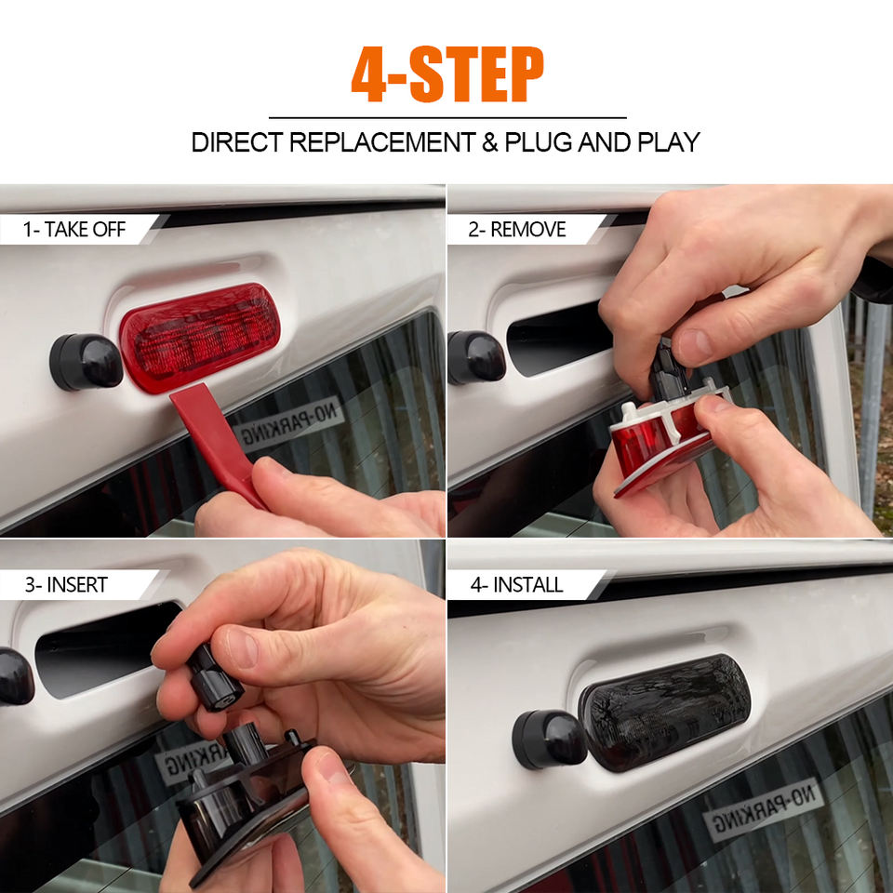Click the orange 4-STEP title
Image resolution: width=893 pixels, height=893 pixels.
[x=447, y=74]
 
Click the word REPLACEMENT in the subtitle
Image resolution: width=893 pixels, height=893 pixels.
[x=382, y=142]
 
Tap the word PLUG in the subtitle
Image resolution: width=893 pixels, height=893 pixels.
[x=538, y=142]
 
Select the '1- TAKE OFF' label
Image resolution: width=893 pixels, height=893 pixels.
[x=74, y=230]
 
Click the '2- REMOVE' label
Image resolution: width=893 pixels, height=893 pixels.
[x=517, y=230]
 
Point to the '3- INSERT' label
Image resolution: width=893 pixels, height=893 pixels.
[x=66, y=585]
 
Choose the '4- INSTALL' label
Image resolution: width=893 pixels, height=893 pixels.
[x=516, y=585]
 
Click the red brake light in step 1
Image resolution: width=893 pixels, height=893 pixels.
[x=199, y=338]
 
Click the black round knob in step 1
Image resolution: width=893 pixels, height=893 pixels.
[x=86, y=362]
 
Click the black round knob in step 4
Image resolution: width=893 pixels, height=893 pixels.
[x=549, y=740]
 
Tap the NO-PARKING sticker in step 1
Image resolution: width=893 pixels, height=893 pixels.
[x=288, y=422]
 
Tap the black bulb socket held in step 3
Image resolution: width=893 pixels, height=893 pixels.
[x=215, y=679]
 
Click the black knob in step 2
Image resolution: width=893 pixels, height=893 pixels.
[x=476, y=357]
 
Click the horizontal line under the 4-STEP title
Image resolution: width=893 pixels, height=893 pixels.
[x=447, y=118]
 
